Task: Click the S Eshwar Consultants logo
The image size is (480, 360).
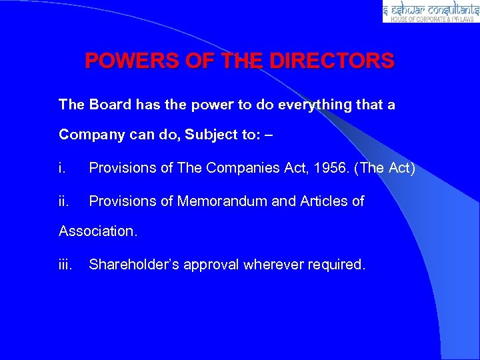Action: pyautogui.click(x=431, y=11)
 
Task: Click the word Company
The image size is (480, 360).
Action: pyautogui.click(x=86, y=135)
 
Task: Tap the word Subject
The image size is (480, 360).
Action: pyautogui.click(x=210, y=135)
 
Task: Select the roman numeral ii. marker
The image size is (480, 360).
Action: pyautogui.click(x=64, y=201)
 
